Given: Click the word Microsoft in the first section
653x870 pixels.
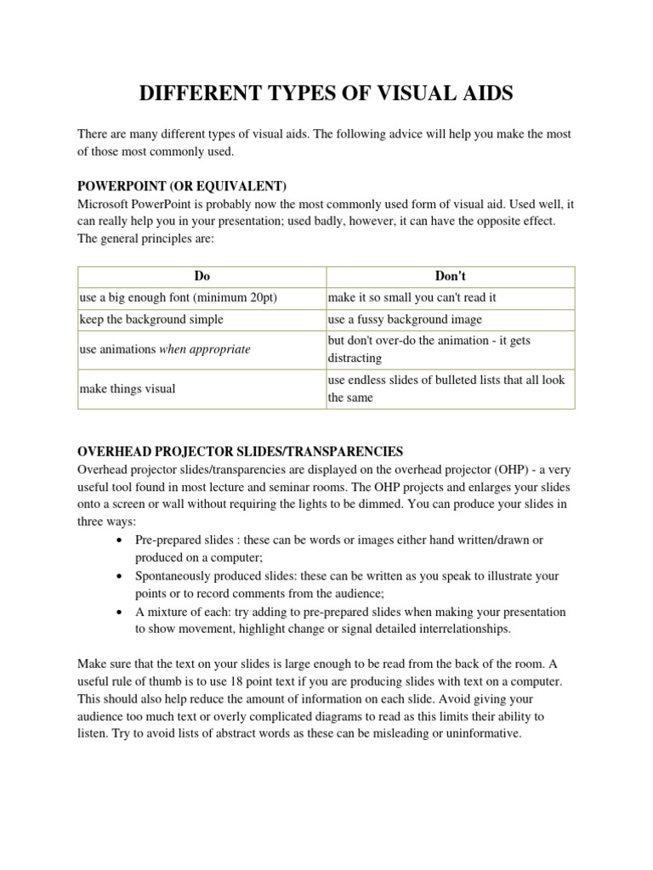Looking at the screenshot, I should (105, 204).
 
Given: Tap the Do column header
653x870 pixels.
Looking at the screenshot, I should (202, 276).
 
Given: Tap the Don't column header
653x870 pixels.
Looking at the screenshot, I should (450, 276).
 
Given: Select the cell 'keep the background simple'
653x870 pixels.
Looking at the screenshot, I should (151, 319).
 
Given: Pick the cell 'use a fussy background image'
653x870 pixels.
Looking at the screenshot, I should (405, 319).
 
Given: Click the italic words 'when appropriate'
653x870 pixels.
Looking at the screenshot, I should (205, 349).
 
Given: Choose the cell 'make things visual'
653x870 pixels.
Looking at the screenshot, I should (128, 388).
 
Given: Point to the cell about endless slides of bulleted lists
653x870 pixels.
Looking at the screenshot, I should (446, 388).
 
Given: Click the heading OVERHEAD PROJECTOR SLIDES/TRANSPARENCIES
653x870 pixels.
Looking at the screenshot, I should (241, 451).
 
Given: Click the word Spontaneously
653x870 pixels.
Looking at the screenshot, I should (174, 576).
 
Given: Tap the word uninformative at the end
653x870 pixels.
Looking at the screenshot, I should (482, 732).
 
